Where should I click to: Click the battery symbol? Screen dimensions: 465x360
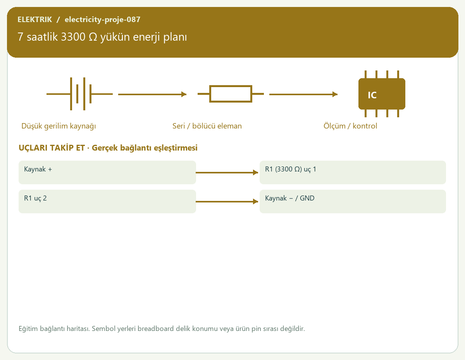tap(79, 94)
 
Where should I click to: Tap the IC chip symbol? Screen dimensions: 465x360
tap(382, 94)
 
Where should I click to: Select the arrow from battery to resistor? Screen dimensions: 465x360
tap(152, 94)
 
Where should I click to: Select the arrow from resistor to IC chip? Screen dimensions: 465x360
tap(303, 94)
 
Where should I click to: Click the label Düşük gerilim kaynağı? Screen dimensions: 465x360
tap(59, 126)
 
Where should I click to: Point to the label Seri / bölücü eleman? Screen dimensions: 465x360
tap(207, 126)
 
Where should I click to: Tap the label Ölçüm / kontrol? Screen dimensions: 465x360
tap(350, 126)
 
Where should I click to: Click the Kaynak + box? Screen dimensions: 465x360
tap(107, 172)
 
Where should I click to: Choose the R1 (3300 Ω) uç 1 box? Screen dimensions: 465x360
tap(353, 172)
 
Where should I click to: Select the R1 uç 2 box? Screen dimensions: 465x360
tap(107, 201)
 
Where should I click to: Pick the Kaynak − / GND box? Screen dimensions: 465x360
tap(353, 201)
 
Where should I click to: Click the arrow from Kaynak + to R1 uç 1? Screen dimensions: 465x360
tap(227, 172)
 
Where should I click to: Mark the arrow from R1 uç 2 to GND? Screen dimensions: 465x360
tap(227, 201)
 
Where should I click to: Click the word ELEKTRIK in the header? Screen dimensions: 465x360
tap(34, 19)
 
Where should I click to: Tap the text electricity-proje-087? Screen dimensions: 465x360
tap(102, 19)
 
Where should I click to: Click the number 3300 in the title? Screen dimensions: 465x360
tap(73, 37)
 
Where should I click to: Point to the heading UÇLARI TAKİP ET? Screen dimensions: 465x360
tap(52, 148)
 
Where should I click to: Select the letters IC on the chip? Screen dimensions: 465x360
tap(372, 95)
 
